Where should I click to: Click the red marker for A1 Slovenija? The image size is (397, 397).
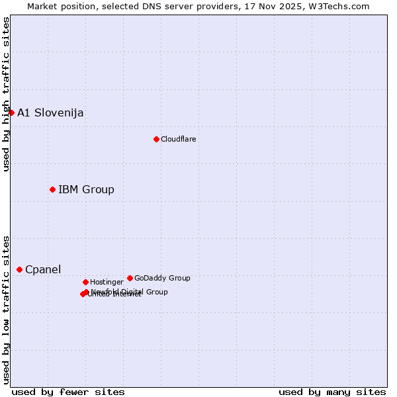11,112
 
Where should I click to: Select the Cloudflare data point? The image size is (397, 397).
156,139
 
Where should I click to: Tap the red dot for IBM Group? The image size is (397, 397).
52,190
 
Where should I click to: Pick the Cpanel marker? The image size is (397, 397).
19,269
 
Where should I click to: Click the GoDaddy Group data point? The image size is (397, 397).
130,278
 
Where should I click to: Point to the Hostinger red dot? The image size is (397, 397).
85,282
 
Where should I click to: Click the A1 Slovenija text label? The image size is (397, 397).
50,112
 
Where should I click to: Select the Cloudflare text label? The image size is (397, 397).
178,139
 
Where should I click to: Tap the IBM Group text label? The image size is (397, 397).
86,190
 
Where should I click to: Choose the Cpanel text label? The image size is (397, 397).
43,269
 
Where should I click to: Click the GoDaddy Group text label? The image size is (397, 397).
162,278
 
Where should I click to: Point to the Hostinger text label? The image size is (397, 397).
107,282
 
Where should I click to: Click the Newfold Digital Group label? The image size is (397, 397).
130,291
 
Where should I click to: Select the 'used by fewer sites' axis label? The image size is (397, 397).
68,392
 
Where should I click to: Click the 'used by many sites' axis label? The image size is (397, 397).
332,392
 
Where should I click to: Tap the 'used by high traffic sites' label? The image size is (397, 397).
6,94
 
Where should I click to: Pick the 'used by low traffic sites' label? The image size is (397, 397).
6,309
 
